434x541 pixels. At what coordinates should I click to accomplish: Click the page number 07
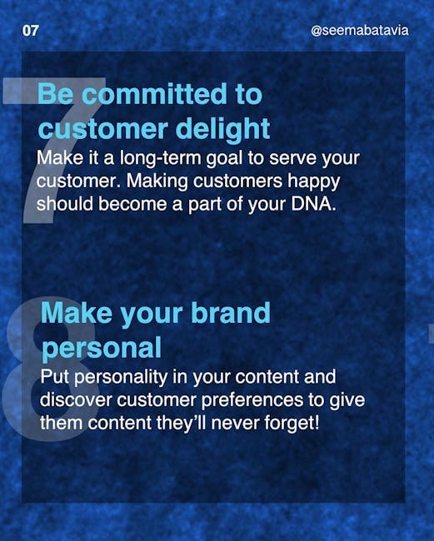pos(30,31)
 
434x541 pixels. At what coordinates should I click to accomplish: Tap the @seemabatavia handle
pos(359,30)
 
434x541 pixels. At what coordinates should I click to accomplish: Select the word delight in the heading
pos(222,129)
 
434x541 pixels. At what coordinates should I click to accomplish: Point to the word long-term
pos(160,159)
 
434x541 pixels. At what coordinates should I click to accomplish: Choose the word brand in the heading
pos(231,313)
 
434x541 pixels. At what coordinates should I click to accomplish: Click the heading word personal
pos(102,349)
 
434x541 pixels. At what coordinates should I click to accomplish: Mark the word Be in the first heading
pos(55,94)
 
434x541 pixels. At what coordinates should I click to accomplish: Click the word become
pos(132,204)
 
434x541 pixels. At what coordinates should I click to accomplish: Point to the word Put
pos(55,377)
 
